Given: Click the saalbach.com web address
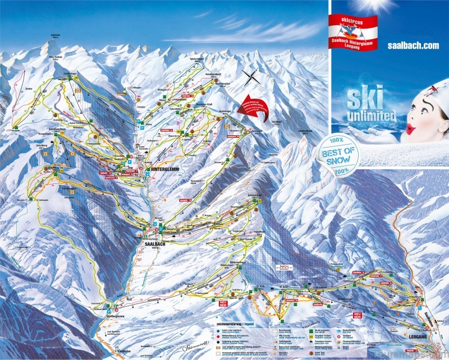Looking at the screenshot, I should [413, 45].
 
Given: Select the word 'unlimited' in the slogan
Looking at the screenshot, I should [372, 116].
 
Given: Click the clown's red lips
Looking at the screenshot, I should [411, 128].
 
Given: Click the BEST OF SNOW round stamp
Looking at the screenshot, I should [338, 152].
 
